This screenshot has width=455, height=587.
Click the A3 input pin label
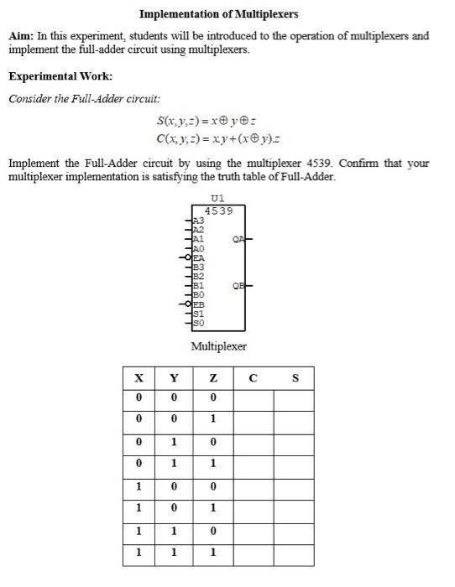[199, 221]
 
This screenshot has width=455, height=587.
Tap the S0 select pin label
[199, 322]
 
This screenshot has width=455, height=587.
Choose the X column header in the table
[138, 378]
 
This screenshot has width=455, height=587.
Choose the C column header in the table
[253, 378]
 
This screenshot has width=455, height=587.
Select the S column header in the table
[294, 378]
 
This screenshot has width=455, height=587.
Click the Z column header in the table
[214, 378]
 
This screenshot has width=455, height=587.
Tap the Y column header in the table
[175, 378]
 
